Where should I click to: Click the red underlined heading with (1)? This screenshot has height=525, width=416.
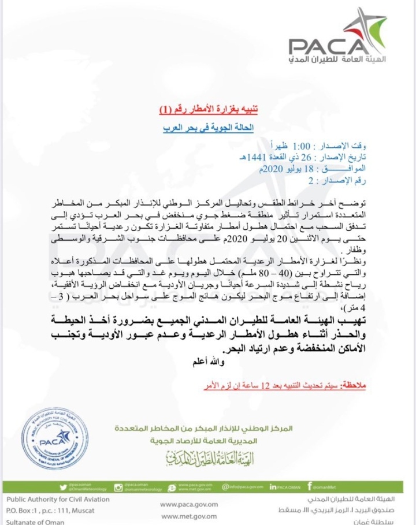tap(206, 109)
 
